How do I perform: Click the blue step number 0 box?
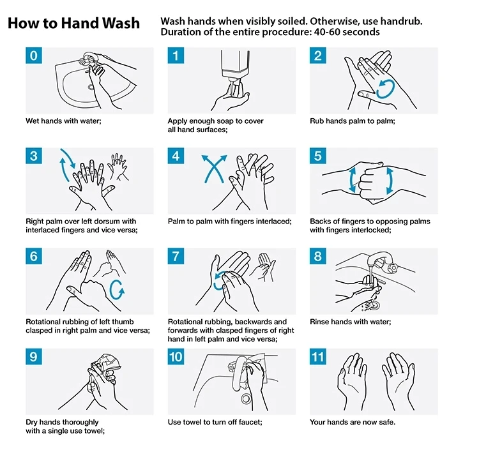[x=34, y=56]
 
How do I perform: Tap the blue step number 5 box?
[x=317, y=156]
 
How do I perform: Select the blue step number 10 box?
[x=176, y=357]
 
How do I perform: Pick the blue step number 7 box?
[x=176, y=256]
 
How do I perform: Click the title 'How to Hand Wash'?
[x=73, y=23]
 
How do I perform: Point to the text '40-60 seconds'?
[x=347, y=32]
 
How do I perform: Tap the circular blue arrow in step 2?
[x=385, y=89]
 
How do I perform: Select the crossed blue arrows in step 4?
[x=214, y=169]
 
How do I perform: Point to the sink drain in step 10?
[x=246, y=398]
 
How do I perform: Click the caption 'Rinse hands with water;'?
[x=351, y=322]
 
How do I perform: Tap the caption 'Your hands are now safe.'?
[x=353, y=423]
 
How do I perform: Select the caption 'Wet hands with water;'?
[x=63, y=121]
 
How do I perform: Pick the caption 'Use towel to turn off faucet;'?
[x=215, y=423]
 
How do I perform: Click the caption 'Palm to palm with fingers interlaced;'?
[x=230, y=222]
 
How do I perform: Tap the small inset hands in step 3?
[x=118, y=166]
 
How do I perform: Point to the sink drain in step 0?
[x=91, y=87]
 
